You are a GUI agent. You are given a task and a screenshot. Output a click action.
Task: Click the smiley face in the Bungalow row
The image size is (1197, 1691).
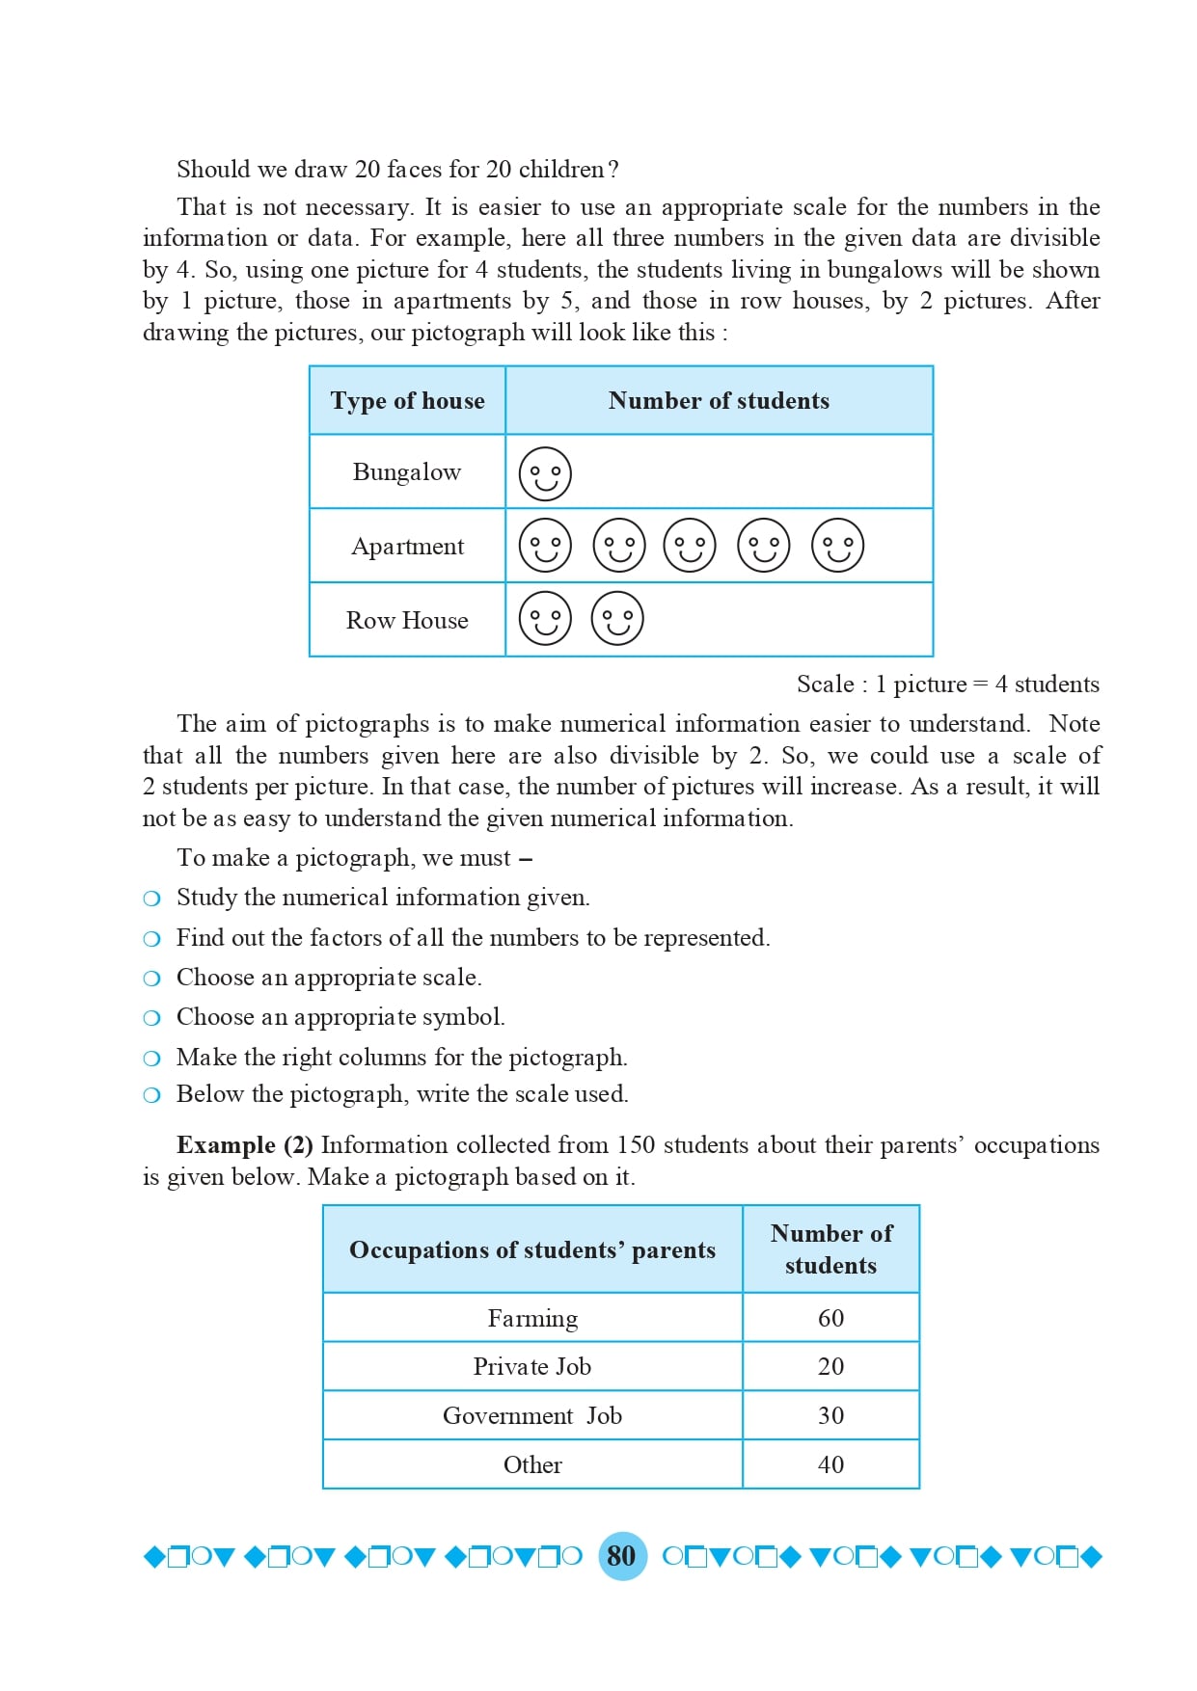[x=545, y=473]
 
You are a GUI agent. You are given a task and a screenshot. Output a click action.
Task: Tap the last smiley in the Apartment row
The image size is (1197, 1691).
[x=837, y=546]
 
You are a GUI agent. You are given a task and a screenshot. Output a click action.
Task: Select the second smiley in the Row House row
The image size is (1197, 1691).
[x=617, y=619]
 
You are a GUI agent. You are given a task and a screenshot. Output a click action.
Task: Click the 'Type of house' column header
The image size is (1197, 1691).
[x=407, y=401]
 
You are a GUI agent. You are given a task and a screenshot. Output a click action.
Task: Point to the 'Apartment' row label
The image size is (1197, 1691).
[x=407, y=547]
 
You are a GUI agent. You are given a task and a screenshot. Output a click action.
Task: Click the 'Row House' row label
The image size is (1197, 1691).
[x=407, y=621]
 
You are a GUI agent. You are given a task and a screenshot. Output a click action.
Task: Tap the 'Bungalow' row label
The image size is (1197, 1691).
[x=407, y=472]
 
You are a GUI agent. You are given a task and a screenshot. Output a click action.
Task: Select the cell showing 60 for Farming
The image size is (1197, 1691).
[x=830, y=1318]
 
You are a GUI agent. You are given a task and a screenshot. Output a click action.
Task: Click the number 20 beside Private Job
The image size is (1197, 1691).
[x=830, y=1366]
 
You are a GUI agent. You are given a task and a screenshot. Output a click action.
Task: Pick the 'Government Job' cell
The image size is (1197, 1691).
[x=532, y=1415]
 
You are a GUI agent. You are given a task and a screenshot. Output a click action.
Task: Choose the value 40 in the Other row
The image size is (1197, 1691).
[x=830, y=1464]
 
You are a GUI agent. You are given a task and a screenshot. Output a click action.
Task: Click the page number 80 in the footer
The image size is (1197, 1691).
[x=622, y=1555]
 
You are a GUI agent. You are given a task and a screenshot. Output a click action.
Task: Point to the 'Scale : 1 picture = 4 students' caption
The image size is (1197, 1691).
[x=947, y=684]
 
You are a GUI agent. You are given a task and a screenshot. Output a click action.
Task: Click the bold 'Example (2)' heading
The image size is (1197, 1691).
[x=245, y=1145]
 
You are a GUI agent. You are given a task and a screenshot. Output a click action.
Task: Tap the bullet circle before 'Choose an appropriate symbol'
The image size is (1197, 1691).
[x=151, y=1018]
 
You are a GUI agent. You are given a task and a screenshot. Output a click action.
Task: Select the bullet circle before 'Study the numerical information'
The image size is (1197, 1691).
[x=151, y=899]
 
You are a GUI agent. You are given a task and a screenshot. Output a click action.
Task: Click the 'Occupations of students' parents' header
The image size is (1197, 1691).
[x=532, y=1250]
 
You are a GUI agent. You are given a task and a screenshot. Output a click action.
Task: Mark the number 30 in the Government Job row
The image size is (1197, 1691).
[x=830, y=1415]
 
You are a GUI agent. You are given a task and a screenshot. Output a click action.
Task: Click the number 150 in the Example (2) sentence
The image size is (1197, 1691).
[x=636, y=1145]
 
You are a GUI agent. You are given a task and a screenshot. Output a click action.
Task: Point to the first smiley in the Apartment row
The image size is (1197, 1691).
[x=545, y=546]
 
